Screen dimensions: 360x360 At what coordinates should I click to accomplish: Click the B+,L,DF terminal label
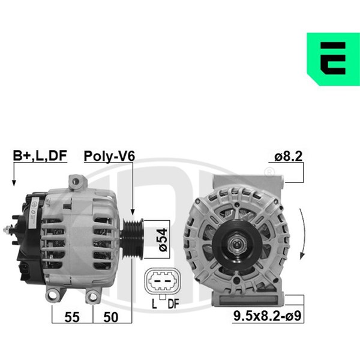[x=40, y=155]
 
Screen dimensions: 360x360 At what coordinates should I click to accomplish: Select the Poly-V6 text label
[x=109, y=156]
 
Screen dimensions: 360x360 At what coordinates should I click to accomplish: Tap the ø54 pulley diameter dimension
[x=163, y=239]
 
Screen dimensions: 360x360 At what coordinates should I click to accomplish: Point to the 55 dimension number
[x=72, y=317]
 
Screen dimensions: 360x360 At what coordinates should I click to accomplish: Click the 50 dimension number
[x=111, y=317]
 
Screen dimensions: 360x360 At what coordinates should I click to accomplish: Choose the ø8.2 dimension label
[x=289, y=156]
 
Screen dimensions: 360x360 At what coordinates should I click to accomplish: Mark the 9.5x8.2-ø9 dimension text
[x=267, y=316]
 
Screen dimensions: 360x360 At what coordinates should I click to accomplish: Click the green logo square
[x=334, y=59]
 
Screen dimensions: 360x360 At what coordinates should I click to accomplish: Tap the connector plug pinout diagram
[x=163, y=281]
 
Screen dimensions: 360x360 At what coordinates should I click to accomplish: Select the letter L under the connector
[x=154, y=304]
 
